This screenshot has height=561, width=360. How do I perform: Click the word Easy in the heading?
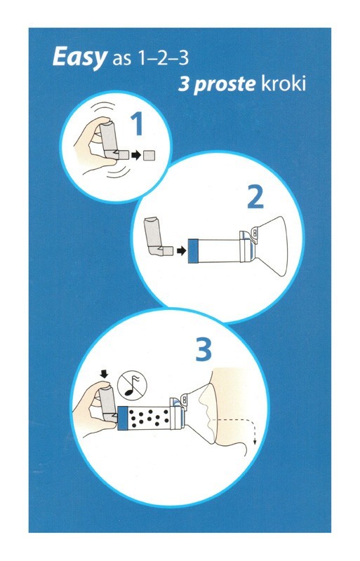[x=79, y=58]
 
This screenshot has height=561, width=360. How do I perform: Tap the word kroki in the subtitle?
[x=284, y=83]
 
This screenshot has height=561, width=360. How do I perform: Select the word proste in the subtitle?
[x=225, y=85]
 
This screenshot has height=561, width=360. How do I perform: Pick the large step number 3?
[x=204, y=349]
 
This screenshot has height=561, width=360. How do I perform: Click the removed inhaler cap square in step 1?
[x=149, y=156]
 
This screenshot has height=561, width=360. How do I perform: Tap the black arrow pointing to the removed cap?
[x=136, y=156]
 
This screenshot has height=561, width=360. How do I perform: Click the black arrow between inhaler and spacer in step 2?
[x=182, y=251]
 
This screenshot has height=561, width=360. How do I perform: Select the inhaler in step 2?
[x=156, y=237]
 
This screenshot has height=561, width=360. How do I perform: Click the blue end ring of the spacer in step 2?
[x=193, y=251]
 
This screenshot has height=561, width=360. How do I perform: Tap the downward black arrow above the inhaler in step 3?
[x=105, y=374]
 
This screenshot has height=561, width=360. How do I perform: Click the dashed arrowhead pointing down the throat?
[x=255, y=442]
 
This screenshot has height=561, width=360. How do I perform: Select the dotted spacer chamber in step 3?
[x=149, y=417]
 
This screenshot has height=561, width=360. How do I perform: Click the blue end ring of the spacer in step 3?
[x=123, y=417]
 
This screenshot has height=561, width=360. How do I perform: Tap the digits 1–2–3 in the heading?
[x=160, y=58]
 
